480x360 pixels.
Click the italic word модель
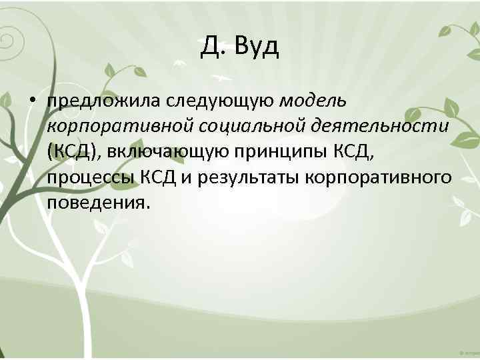[313, 101]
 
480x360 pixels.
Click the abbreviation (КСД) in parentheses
[72, 151]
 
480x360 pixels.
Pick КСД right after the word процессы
[157, 177]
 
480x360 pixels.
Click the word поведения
[95, 202]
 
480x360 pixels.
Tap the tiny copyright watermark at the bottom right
[469, 351]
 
